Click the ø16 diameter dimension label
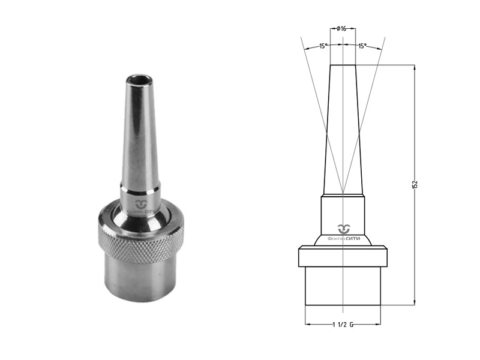coord(341,29)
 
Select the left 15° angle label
coord(323,46)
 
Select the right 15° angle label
coord(362,46)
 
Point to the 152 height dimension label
coord(415,184)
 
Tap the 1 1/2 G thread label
coord(343,325)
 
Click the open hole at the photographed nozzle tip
coord(139,80)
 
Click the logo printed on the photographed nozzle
coord(141,206)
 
